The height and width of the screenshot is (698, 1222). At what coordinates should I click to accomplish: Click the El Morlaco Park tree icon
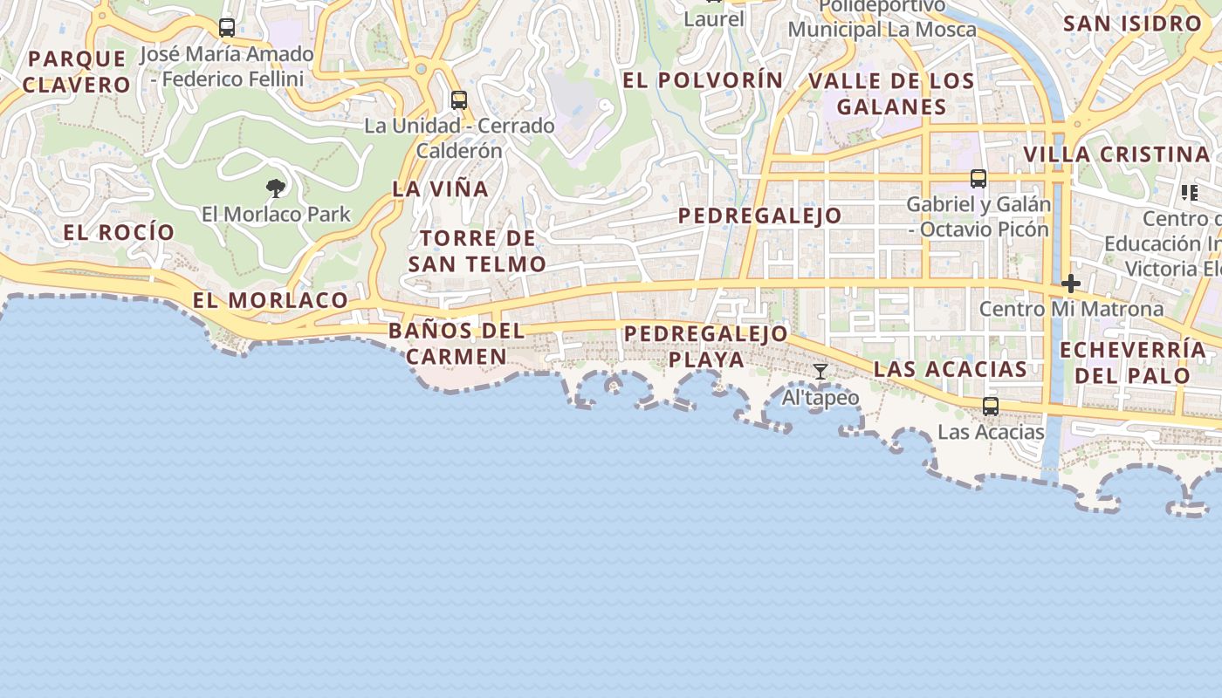coord(276,188)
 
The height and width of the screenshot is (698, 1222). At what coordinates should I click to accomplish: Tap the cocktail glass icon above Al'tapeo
coord(820,372)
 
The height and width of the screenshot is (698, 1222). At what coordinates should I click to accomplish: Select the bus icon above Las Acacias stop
coord(991,407)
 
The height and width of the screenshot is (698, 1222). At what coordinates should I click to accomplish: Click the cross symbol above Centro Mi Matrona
coord(1071,284)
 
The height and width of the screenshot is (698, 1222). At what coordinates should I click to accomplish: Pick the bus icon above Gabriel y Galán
coord(978,179)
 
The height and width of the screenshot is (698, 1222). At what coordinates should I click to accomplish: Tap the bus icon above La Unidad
coord(459,100)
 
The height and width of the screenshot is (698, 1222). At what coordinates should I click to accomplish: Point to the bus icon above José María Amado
coord(227,28)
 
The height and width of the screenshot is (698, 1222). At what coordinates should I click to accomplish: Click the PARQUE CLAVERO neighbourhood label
coord(77,72)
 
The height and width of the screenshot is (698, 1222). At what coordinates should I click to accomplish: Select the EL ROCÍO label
coord(119,232)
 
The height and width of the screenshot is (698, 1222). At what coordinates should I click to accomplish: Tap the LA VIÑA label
coord(440,188)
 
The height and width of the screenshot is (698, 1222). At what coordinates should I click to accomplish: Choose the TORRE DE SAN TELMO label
coord(477,250)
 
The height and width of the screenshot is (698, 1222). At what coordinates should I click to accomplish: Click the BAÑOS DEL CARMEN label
coord(457,343)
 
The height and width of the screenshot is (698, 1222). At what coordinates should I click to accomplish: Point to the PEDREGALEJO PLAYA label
coord(706,346)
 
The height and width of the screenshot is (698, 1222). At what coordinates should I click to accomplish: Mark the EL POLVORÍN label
coord(703,80)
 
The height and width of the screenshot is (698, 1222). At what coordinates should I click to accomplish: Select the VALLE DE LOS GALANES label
coord(891,93)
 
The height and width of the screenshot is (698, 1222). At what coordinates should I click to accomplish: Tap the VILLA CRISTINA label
coord(1116,154)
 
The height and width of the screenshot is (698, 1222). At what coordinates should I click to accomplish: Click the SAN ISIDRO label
coord(1132,24)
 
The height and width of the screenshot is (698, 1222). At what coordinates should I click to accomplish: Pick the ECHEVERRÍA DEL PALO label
coord(1133,363)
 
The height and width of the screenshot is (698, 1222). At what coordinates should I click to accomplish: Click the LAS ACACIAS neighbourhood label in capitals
coord(951,369)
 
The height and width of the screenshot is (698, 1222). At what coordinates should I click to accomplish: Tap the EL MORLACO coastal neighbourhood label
coord(271,300)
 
